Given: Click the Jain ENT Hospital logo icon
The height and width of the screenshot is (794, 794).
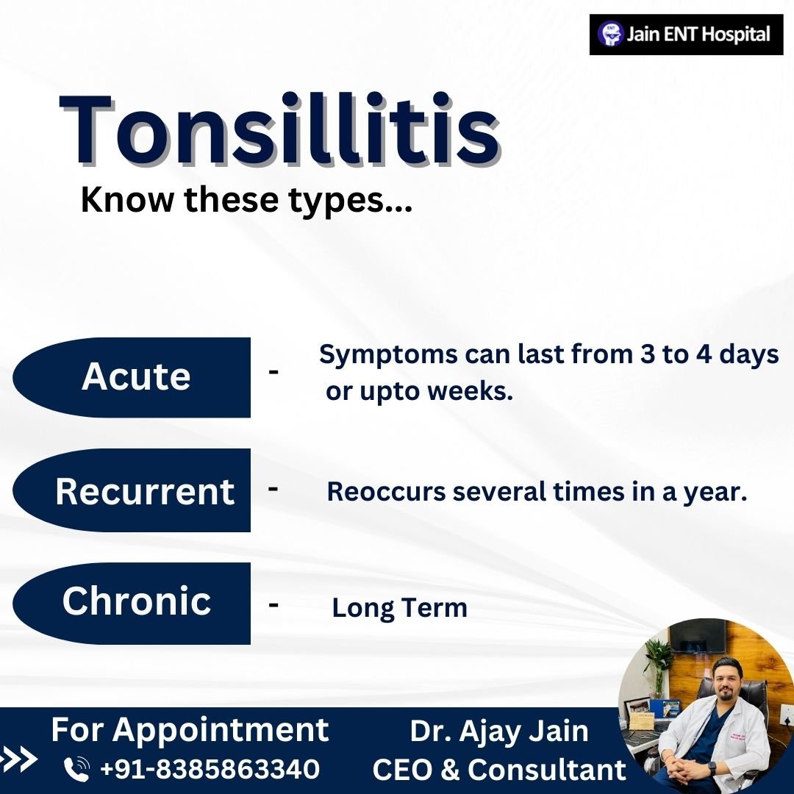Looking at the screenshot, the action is (610, 35).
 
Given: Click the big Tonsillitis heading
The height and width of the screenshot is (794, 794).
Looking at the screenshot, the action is (280, 129).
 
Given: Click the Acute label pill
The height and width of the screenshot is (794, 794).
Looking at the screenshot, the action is (132, 377).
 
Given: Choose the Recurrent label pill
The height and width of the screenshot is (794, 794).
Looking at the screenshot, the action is (132, 490).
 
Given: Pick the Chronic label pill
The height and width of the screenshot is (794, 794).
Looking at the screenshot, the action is (132, 603).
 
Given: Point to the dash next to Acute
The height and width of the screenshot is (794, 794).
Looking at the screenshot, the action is (273, 372).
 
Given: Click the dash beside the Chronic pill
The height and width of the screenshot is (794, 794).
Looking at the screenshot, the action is (273, 604).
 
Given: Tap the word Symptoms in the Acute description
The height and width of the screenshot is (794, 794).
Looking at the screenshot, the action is (388, 355).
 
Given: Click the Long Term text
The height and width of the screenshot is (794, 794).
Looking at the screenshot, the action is (399, 608).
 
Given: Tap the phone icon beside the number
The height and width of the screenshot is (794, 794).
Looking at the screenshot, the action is (77, 769).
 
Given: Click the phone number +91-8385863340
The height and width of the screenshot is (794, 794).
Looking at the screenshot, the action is (210, 769).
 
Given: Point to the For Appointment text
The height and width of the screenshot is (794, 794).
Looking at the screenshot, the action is (190, 731).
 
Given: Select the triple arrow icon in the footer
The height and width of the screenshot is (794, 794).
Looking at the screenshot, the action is (18, 759).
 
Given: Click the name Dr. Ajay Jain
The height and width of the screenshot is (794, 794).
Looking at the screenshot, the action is (499, 732).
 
